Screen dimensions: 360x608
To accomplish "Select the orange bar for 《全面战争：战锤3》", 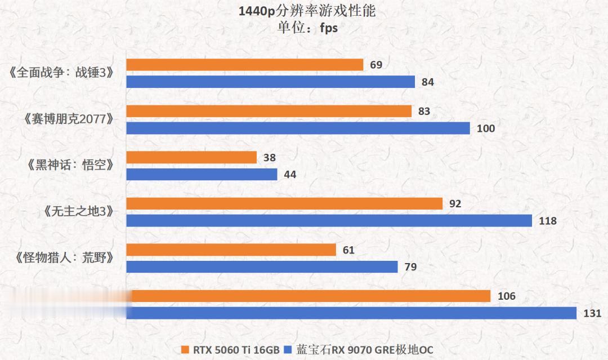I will tap(244, 65).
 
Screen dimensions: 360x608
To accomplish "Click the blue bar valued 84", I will tap(270, 82).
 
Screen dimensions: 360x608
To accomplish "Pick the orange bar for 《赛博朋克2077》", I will tap(269, 111).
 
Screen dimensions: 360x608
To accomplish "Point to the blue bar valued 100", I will tap(298, 128).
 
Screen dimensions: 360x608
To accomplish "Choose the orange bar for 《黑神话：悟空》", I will tap(191, 157).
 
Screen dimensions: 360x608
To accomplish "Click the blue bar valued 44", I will tap(202, 175).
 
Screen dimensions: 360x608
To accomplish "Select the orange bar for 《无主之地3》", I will tap(284, 203).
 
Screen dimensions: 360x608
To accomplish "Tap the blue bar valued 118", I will tap(329, 221).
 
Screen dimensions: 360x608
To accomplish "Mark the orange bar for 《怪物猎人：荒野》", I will tap(231, 250).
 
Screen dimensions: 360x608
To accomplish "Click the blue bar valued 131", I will tap(351, 313).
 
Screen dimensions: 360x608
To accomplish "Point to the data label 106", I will tap(507, 296).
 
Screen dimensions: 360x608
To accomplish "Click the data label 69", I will tap(376, 65).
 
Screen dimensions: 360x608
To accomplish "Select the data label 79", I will tap(410, 267).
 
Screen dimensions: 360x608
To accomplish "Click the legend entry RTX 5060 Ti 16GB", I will tap(230, 350).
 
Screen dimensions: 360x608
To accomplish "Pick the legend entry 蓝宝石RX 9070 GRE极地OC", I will tap(360, 350).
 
